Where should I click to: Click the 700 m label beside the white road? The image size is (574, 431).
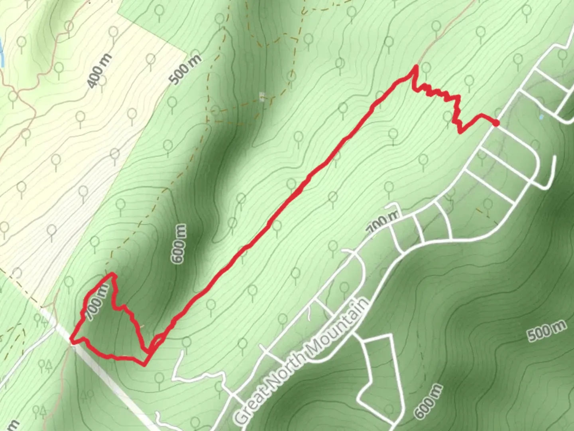[382, 223]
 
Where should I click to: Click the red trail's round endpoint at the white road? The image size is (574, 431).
[496, 123]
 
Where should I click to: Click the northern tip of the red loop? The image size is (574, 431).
[113, 274]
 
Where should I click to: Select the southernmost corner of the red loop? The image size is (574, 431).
[144, 364]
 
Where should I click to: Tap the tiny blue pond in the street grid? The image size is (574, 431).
[541, 117]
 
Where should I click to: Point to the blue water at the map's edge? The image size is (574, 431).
[1, 50]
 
